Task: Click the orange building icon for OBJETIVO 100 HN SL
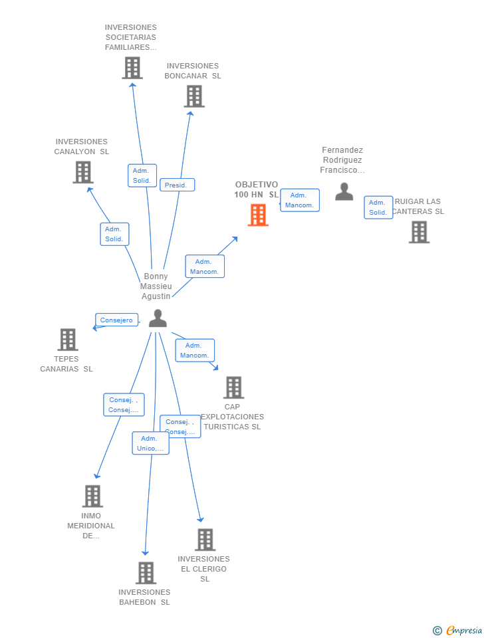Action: click(258, 215)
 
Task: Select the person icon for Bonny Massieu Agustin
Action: click(158, 318)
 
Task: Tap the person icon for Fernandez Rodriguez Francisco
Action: click(344, 191)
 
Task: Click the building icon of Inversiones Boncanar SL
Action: click(193, 96)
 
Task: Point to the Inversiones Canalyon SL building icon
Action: click(82, 172)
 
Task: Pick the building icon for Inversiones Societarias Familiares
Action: click(132, 68)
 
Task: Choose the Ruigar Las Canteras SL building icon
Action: click(419, 232)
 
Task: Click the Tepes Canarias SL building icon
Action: click(67, 340)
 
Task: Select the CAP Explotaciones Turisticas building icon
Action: click(233, 387)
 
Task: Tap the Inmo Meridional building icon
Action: click(92, 496)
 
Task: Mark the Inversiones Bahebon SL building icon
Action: click(145, 573)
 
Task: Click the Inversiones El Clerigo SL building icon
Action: click(205, 540)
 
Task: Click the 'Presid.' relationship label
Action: click(177, 185)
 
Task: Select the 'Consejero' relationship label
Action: click(116, 320)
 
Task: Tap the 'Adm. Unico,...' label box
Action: click(150, 443)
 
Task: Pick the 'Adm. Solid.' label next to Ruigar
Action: click(378, 207)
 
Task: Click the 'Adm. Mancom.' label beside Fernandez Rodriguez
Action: click(299, 200)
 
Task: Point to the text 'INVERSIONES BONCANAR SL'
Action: click(193, 71)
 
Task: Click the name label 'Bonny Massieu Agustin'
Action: click(156, 286)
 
